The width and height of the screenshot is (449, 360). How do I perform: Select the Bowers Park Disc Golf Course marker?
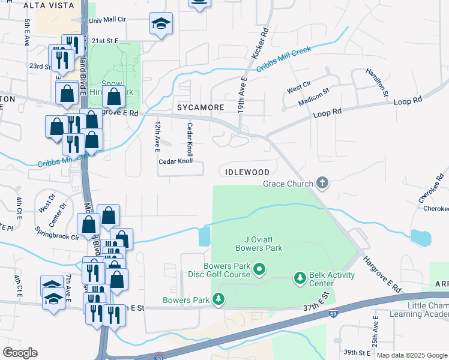point(259,270)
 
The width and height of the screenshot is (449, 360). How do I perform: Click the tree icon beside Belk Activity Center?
point(300,278)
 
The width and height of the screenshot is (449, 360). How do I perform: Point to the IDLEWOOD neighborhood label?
point(247,172)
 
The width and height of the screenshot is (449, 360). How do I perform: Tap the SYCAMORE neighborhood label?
point(200,107)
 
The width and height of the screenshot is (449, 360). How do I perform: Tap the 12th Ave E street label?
point(157,135)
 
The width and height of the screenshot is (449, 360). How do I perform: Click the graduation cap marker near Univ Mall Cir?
point(160,24)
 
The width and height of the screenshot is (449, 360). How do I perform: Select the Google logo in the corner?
point(20,353)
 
